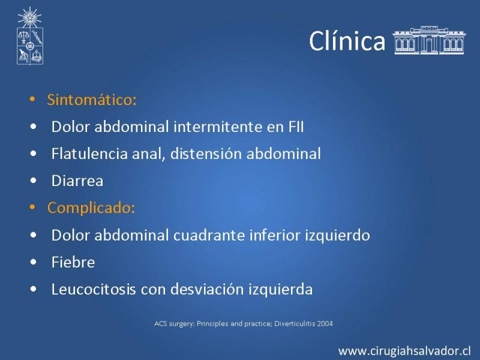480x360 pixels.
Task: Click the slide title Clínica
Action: pyautogui.click(x=347, y=40)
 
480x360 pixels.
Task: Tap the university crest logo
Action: pyautogui.click(x=29, y=36)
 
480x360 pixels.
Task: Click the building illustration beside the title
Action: pyautogui.click(x=429, y=40)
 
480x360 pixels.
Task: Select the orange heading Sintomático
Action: pyautogui.click(x=92, y=100)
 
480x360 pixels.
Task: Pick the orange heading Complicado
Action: pyautogui.click(x=91, y=208)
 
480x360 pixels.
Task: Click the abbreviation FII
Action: pyautogui.click(x=296, y=127)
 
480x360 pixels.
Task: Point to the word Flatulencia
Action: pyautogui.click(x=89, y=154)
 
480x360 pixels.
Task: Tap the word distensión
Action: pyautogui.click(x=206, y=154)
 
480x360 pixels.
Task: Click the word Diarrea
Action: pyautogui.click(x=77, y=181)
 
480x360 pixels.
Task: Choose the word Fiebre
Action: pyautogui.click(x=73, y=262)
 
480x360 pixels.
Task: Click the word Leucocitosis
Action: pyautogui.click(x=94, y=289)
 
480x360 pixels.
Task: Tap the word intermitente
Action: pyautogui.click(x=218, y=127)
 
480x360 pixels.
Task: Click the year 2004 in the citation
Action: pyautogui.click(x=325, y=323)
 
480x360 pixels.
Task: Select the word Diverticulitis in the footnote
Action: pyautogui.click(x=295, y=323)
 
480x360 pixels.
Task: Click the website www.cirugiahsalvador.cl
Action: pyautogui.click(x=404, y=351)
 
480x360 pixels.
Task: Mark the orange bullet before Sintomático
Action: pyautogui.click(x=32, y=99)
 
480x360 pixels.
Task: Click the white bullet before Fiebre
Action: pyautogui.click(x=34, y=262)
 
